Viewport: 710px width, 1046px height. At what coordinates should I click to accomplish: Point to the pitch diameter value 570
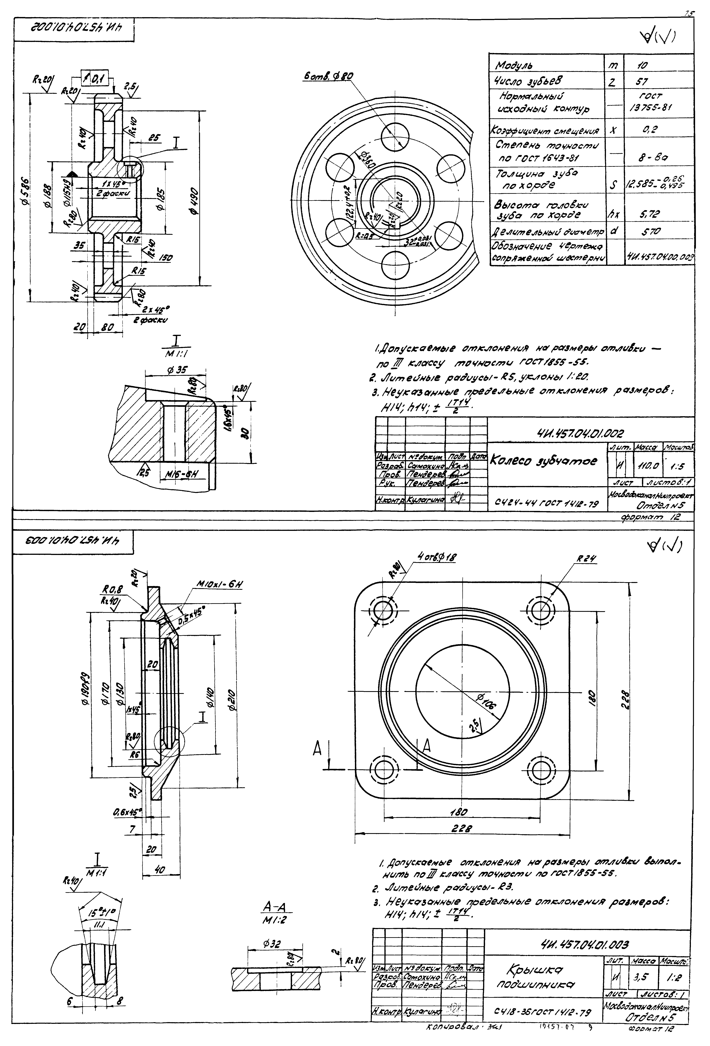[x=651, y=231]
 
